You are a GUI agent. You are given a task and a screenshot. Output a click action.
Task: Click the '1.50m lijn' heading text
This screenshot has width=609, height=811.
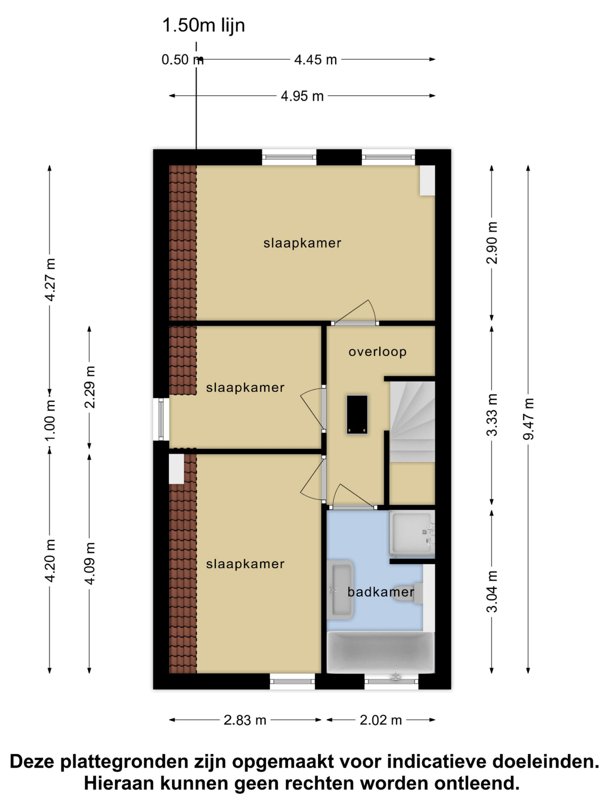[x=203, y=26]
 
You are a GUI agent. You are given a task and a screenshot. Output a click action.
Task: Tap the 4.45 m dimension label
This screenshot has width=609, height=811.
[x=315, y=59]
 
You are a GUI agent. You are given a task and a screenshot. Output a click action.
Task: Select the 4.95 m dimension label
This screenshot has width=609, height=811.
[x=302, y=96]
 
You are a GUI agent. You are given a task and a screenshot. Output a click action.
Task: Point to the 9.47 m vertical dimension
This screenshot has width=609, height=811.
[x=528, y=419]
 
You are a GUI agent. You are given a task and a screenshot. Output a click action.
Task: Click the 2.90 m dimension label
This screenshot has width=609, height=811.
[x=492, y=243]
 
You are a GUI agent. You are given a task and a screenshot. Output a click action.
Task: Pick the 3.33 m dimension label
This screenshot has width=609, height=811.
[x=492, y=415]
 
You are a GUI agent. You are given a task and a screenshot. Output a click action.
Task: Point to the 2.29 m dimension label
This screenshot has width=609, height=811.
[x=89, y=387]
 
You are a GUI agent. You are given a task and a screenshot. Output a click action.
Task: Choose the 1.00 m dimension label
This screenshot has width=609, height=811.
[x=49, y=420]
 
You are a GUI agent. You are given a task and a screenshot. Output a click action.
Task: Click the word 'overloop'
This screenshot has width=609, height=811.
[x=377, y=352]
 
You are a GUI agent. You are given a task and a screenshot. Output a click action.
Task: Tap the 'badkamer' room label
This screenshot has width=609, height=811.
[x=381, y=592]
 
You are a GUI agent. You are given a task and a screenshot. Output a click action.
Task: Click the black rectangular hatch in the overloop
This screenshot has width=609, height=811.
[x=357, y=415]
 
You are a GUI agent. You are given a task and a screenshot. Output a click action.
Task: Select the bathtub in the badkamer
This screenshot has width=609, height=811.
[x=381, y=653]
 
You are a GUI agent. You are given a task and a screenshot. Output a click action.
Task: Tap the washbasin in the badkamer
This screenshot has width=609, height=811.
[x=340, y=590]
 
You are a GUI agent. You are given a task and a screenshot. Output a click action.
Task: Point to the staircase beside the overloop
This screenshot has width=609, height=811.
[x=412, y=422]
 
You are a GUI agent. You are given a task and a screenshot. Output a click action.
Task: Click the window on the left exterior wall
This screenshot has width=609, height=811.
[x=161, y=419]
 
